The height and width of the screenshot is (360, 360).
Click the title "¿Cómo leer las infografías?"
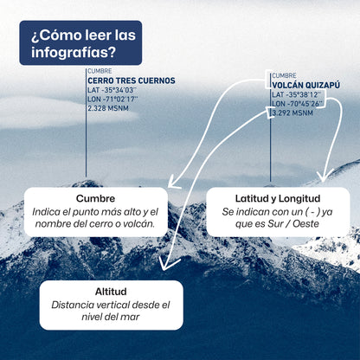click(x=83, y=43)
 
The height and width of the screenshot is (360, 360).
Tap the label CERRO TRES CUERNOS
click(x=132, y=80)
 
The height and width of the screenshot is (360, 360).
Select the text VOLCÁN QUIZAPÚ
click(x=305, y=85)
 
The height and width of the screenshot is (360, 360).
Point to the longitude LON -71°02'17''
click(x=112, y=100)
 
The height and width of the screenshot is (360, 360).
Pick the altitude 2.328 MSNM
click(x=108, y=108)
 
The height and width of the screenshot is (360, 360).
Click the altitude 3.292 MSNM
click(x=292, y=113)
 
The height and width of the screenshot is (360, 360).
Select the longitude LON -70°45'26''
click(x=298, y=104)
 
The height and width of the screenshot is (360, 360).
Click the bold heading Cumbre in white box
click(x=95, y=198)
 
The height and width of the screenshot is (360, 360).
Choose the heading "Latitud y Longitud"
click(x=278, y=198)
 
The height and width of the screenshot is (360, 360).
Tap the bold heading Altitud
click(x=111, y=292)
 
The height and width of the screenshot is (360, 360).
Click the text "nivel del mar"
click(x=111, y=317)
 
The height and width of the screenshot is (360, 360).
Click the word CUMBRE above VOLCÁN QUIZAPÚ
click(x=284, y=75)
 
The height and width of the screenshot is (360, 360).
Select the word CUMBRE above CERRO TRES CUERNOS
click(x=100, y=71)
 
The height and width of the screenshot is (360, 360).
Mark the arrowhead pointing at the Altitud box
click(x=167, y=264)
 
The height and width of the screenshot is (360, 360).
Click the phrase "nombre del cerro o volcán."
click(x=95, y=224)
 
